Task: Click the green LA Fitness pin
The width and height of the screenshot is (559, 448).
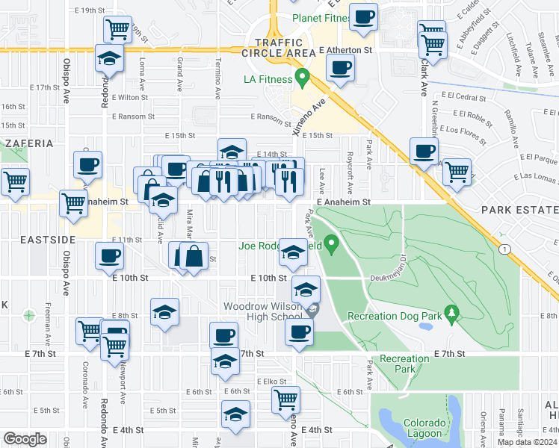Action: [302, 77]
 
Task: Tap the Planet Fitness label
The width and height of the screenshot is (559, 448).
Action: [321, 18]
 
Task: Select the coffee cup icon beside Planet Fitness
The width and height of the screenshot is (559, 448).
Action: [364, 17]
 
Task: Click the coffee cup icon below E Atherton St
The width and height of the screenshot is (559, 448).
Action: [340, 68]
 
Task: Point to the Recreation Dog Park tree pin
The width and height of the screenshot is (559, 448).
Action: [451, 314]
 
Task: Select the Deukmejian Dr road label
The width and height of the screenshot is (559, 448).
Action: [388, 278]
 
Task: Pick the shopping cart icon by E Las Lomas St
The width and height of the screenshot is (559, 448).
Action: [457, 172]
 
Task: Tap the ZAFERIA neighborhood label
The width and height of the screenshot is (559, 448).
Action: [29, 143]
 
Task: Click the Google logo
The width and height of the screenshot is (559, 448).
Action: [25, 439]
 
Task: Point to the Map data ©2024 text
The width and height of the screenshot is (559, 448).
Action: [526, 442]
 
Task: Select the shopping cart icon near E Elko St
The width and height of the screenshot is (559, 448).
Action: [285, 399]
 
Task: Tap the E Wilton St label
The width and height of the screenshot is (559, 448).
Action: [131, 97]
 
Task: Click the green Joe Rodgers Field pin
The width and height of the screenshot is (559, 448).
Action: [332, 243]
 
